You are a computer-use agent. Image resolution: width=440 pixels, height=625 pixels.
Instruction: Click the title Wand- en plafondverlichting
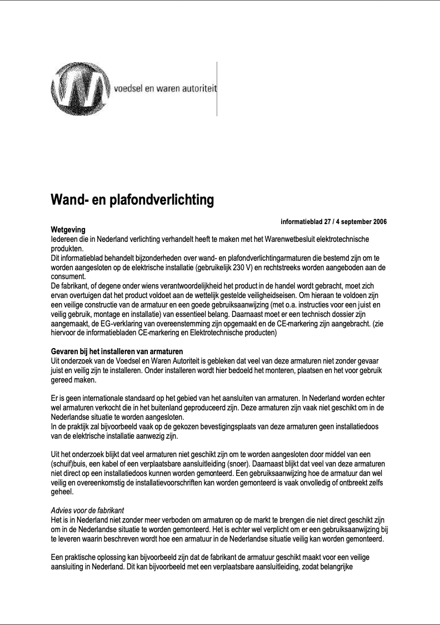click(x=132, y=200)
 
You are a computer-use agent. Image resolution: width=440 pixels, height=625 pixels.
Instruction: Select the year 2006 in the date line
click(x=378, y=222)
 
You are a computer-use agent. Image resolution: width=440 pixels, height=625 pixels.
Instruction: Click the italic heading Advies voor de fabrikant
click(x=87, y=510)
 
